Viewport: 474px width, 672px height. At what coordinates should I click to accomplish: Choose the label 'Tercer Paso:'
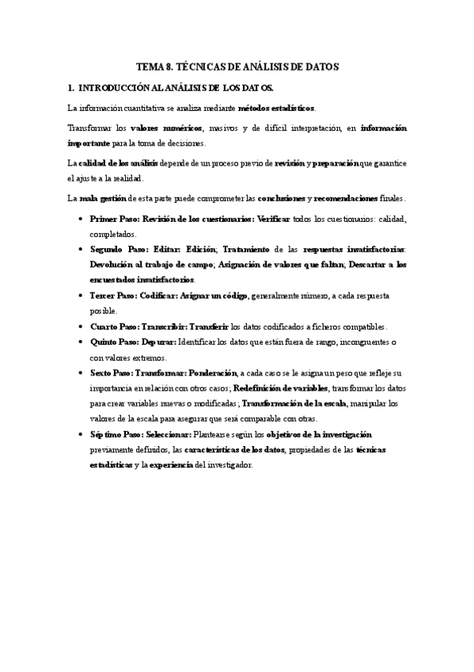[x=113, y=295]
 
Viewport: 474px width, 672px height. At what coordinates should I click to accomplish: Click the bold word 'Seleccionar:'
[x=164, y=435]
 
